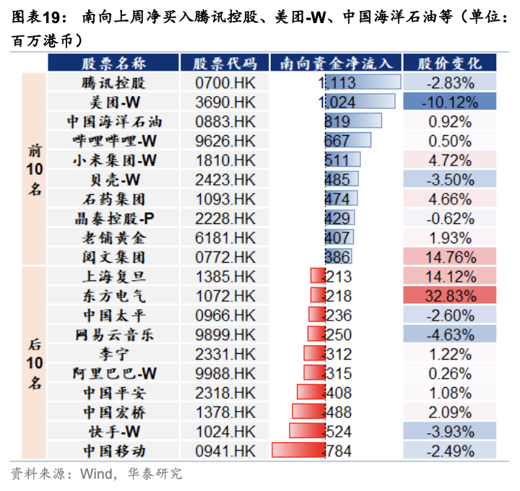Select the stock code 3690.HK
[225, 101]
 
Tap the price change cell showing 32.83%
[450, 295]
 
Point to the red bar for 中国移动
[298, 451]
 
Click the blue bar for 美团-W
[360, 101]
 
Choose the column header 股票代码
[225, 63]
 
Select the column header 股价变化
[450, 63]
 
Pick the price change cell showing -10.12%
[450, 101]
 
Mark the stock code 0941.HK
[225, 451]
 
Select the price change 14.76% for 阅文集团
[450, 256]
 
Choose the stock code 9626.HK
[225, 140]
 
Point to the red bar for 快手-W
[306, 431]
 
